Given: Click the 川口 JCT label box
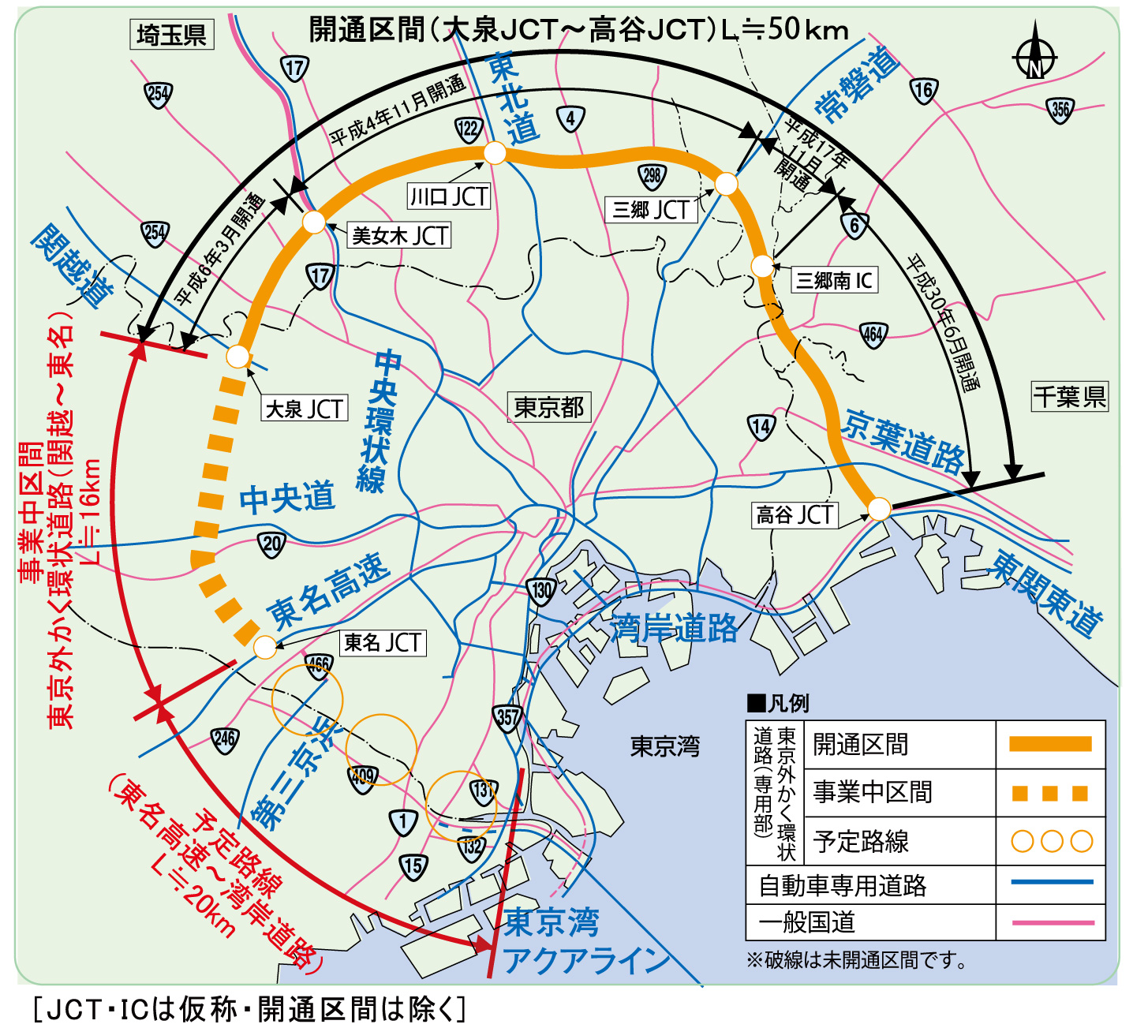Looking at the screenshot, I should coord(449,196).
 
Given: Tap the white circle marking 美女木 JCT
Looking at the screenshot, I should coord(314,222).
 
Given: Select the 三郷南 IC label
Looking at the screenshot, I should coord(834,280).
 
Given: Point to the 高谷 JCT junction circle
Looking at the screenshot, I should coord(879,509).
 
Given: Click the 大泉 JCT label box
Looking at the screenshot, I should coord(305,409).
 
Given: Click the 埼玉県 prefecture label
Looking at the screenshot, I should coord(171,35).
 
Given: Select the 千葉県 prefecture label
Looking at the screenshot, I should coord(1070,396).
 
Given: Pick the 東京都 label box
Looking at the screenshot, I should coord(548,407).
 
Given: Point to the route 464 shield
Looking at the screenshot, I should coord(873,335).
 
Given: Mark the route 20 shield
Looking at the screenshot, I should coord(271,544).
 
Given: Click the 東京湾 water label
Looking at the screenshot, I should coord(664,746).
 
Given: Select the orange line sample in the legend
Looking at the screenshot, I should coord(1050,744).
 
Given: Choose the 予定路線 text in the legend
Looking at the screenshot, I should coord(861,841).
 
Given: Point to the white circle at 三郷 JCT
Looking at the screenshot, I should coord(726,184).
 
